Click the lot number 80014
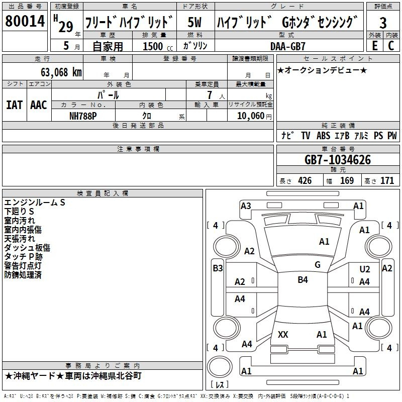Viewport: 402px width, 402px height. click(x=25, y=21)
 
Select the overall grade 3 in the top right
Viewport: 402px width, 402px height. click(x=383, y=23)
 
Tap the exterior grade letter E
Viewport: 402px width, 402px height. click(x=374, y=46)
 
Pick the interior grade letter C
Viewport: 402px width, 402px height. click(x=391, y=46)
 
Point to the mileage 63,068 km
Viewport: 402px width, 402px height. click(x=61, y=72)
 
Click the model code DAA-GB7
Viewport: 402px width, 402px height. click(x=287, y=46)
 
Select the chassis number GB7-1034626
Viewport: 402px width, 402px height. click(x=337, y=160)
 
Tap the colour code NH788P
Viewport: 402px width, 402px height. click(x=83, y=116)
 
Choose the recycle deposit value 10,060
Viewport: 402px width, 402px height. click(x=250, y=116)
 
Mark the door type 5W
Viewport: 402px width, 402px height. click(x=194, y=22)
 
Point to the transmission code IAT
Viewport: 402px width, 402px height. click(x=14, y=105)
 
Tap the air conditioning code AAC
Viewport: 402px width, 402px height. click(x=39, y=105)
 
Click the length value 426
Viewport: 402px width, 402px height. click(x=305, y=181)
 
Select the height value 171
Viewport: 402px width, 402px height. click(x=387, y=181)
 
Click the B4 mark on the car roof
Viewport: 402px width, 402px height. click(x=303, y=280)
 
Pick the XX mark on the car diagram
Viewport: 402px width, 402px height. click(x=283, y=334)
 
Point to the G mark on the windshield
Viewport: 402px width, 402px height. click(x=318, y=265)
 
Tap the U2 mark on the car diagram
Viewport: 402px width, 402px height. click(x=364, y=269)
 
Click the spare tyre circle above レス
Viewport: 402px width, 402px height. click(x=220, y=367)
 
